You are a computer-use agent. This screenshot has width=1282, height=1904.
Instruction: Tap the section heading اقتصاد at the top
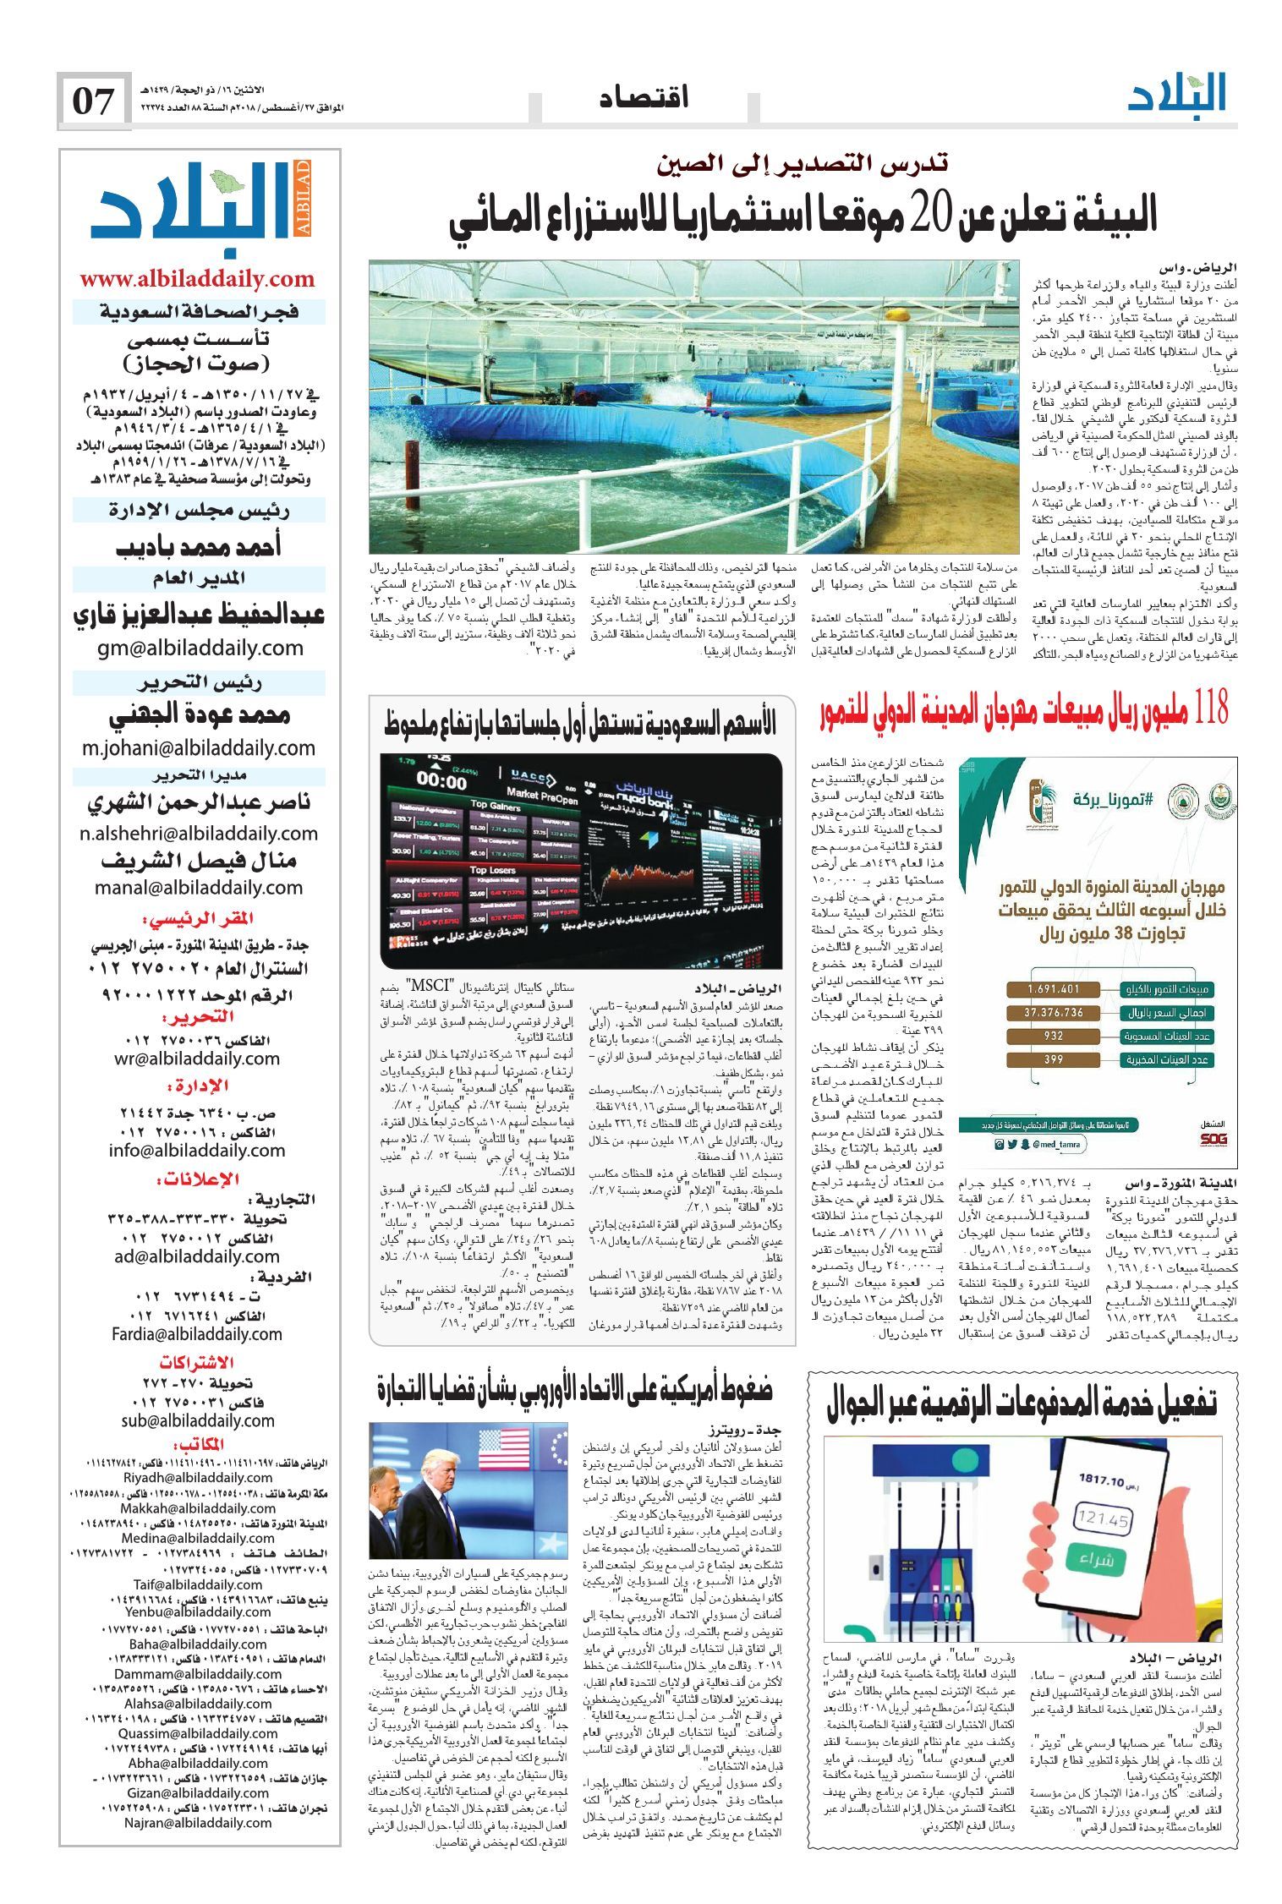click(x=644, y=98)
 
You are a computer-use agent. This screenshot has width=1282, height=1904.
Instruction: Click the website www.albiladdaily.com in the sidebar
click(x=197, y=279)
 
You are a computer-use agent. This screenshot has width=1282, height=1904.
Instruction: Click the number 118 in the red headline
click(x=1207, y=709)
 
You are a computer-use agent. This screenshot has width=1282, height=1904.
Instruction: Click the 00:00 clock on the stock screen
click(x=441, y=779)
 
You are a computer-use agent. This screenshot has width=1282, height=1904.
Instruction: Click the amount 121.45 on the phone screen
click(x=1104, y=1519)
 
